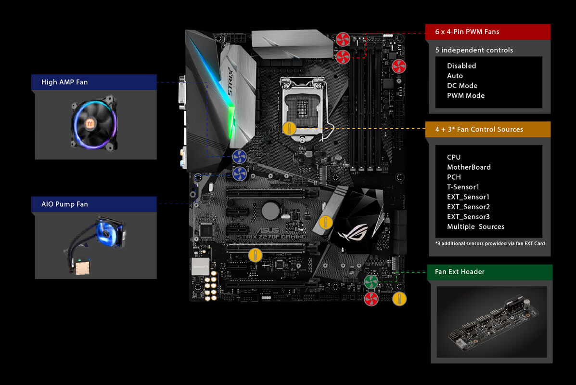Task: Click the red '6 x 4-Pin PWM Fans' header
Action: pos(487,32)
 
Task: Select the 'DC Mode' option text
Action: pos(462,86)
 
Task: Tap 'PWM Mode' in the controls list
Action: pos(466,95)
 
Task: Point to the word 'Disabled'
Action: pos(461,66)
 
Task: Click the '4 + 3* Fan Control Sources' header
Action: pos(487,130)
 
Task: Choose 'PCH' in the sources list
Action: pos(454,177)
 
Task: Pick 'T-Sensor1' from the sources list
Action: pos(463,187)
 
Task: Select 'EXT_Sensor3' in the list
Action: pos(468,217)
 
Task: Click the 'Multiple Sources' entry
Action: pos(476,227)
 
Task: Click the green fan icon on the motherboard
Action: pos(371,282)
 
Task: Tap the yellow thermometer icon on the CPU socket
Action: pos(289,129)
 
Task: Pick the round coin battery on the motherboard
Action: pos(271,211)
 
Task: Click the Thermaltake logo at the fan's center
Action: pos(90,123)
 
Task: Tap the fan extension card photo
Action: pos(491,322)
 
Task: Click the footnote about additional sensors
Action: pos(490,243)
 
